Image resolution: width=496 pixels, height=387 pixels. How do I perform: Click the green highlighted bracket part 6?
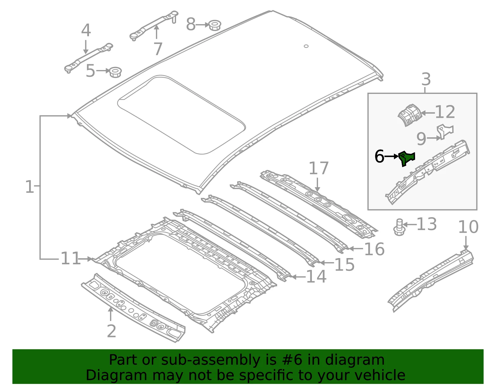[406, 158]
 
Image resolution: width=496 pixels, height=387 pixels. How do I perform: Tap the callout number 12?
[445, 112]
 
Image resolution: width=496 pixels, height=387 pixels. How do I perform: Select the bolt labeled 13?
[399, 227]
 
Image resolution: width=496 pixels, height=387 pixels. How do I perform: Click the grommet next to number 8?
[215, 25]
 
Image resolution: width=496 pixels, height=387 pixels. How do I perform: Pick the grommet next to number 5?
[115, 73]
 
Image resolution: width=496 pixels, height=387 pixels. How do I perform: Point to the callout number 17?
[319, 168]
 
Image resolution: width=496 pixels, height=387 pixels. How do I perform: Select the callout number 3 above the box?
[426, 79]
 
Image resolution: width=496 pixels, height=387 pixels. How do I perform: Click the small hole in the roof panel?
[306, 46]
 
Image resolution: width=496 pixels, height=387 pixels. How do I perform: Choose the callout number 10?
[468, 227]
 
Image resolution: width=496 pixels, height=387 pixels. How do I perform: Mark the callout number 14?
[316, 277]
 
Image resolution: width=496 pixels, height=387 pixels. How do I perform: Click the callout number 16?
[374, 249]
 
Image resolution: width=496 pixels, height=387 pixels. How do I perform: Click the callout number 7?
[158, 49]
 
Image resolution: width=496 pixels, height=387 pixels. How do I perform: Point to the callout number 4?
[86, 30]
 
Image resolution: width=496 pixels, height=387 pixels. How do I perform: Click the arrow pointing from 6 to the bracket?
[391, 156]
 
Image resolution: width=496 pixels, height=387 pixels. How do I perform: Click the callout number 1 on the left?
[29, 187]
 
